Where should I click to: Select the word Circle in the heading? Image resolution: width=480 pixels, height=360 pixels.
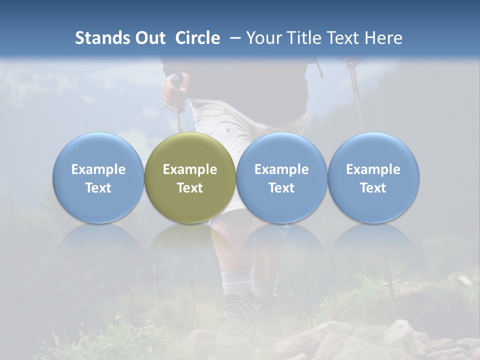point(197,38)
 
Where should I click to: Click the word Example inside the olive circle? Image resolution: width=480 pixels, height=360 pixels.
point(190,169)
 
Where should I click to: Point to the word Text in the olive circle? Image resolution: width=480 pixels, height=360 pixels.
point(190,188)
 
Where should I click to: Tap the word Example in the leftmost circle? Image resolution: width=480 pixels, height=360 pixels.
point(98,169)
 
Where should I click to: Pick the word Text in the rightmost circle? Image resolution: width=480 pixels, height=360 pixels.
point(373,188)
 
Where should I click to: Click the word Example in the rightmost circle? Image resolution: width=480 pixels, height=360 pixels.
point(373,169)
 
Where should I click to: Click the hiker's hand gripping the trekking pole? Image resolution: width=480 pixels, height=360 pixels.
point(173,92)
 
